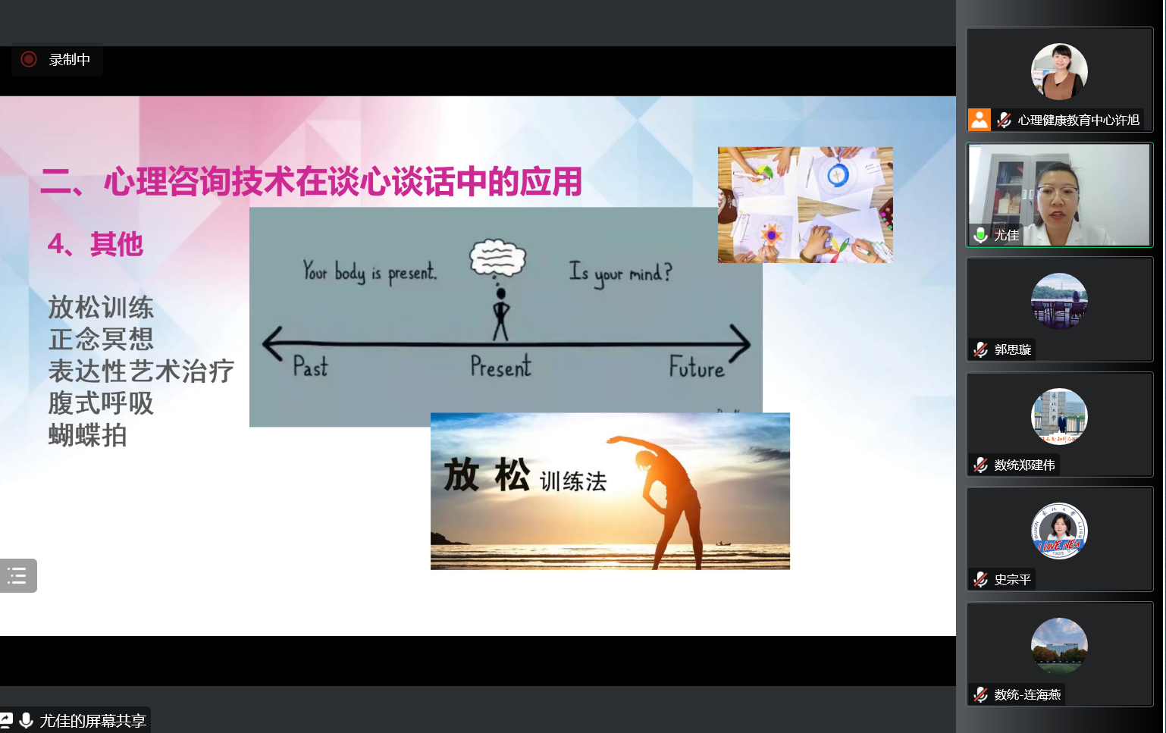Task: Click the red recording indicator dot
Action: pyautogui.click(x=29, y=59)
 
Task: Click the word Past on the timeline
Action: pyautogui.click(x=310, y=366)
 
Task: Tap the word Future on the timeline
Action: pyautogui.click(x=697, y=367)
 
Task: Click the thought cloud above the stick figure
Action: pyautogui.click(x=497, y=258)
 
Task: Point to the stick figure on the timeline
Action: pyautogui.click(x=501, y=314)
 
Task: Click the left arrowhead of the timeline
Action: pyautogui.click(x=272, y=343)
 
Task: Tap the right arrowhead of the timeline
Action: pyautogui.click(x=740, y=343)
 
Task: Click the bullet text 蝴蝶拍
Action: pyautogui.click(x=87, y=435)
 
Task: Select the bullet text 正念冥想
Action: pyautogui.click(x=101, y=340)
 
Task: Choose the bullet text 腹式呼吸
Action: pyautogui.click(x=101, y=403)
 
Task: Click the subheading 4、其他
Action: pyautogui.click(x=96, y=243)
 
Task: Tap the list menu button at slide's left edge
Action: pyautogui.click(x=17, y=575)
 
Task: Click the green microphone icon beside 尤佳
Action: pyautogui.click(x=981, y=235)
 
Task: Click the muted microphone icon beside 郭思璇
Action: pyautogui.click(x=981, y=349)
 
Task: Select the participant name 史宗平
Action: pyautogui.click(x=1012, y=579)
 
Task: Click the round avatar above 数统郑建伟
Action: pyautogui.click(x=1059, y=416)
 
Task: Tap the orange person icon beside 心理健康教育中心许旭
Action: pyautogui.click(x=980, y=120)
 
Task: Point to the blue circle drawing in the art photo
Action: pyautogui.click(x=838, y=175)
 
